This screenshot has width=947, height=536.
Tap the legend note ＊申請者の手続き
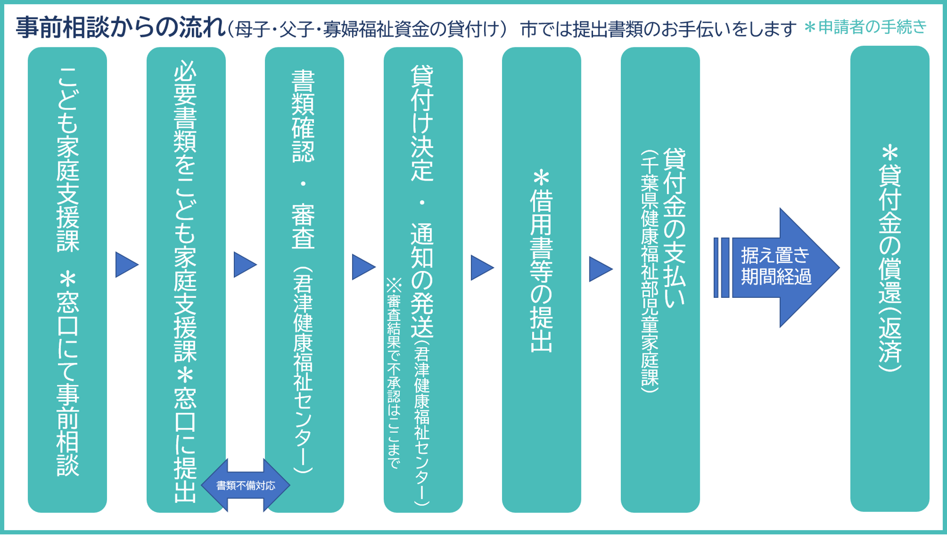(x=865, y=27)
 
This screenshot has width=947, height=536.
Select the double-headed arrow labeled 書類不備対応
(x=246, y=485)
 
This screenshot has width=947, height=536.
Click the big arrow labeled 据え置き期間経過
(x=777, y=267)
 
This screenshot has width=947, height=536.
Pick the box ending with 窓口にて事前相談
(x=67, y=280)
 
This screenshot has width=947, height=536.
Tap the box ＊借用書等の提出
(x=541, y=280)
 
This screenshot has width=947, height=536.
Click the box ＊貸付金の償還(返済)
(x=889, y=280)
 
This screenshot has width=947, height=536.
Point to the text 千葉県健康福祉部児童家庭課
(x=650, y=271)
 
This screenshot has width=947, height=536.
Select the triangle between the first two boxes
(x=126, y=265)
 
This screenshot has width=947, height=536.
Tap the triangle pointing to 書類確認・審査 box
(x=245, y=265)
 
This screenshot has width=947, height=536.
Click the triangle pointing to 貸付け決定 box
(x=363, y=267)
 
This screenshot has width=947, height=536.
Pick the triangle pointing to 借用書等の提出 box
(x=482, y=268)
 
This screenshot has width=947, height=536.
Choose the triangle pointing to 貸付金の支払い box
(x=600, y=269)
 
